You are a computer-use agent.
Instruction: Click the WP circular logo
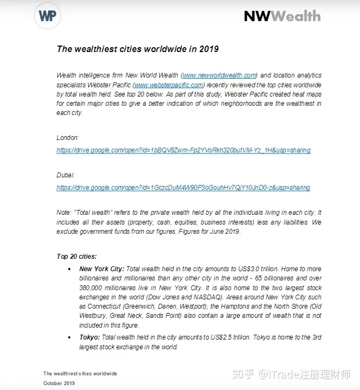coord(47,16)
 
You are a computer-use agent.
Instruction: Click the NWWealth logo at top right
coord(282,16)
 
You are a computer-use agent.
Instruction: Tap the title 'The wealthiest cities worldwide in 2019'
coord(138,49)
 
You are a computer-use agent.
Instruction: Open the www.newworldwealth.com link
coord(220,75)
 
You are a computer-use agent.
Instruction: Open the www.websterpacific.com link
coord(169,85)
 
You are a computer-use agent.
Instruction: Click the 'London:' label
coord(68,138)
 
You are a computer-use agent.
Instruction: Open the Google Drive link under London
coord(183,150)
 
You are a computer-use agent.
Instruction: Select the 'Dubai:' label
coord(66,175)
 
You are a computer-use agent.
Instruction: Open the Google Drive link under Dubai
coord(183,188)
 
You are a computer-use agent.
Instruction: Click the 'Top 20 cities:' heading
coord(77,256)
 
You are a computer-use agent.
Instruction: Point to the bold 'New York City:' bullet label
coord(102,268)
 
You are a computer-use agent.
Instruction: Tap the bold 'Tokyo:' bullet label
coord(89,337)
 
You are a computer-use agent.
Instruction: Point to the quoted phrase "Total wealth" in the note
coord(92,213)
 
